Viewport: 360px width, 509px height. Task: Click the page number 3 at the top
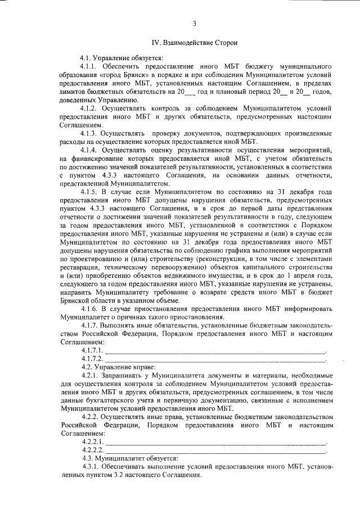click(x=194, y=24)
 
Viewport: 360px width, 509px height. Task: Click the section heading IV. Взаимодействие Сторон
click(x=194, y=42)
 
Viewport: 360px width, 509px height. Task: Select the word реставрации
click(x=79, y=276)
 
